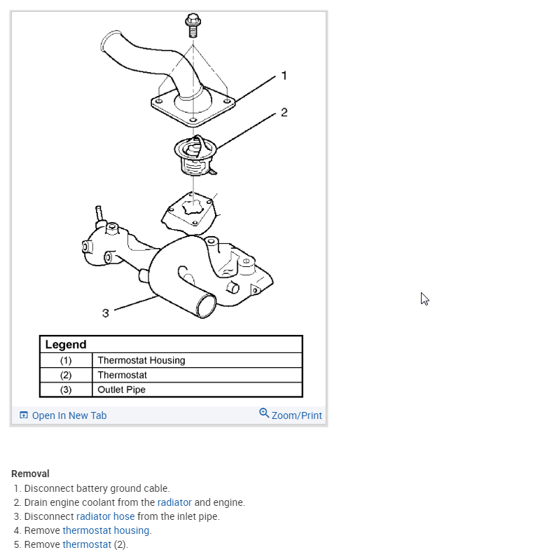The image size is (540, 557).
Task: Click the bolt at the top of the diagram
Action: point(192,25)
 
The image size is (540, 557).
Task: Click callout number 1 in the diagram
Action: point(284,76)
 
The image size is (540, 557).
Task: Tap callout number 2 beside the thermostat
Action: point(284,112)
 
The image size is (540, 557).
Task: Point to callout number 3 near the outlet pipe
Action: point(105,313)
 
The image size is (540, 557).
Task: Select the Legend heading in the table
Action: point(66,345)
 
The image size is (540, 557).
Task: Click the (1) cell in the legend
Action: point(66,361)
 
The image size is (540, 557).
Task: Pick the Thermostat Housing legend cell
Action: point(141,361)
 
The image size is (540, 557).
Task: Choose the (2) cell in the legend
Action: point(66,376)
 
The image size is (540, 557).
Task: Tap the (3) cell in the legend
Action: point(66,390)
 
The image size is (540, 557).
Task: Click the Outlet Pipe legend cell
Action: point(122,390)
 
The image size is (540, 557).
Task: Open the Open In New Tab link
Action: point(69,415)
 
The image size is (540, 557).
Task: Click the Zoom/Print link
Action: point(296,415)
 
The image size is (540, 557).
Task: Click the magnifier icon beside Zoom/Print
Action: point(264,413)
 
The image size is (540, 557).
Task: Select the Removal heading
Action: point(30,474)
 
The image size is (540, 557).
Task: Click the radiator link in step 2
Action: point(174,502)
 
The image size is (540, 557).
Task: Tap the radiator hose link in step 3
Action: point(105,516)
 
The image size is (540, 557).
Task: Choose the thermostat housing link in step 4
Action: point(106,530)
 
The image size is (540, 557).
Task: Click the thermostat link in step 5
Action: point(87,544)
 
